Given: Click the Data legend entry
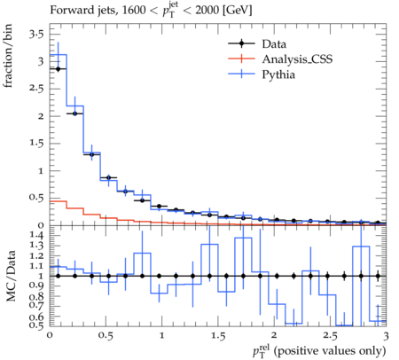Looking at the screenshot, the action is pos(257,43).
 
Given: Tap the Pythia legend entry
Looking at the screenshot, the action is pos(262,74).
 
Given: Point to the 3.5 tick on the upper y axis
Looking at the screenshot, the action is pos(36,35).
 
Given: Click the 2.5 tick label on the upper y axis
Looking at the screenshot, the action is pos(36,89).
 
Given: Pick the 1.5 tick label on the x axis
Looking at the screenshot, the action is pos(218,336).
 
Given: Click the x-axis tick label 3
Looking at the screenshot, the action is pos(386,336).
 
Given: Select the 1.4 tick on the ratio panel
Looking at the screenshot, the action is pos(36,235).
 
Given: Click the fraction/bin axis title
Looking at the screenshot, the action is pos(8,56).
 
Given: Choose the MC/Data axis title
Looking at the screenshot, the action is pos(11,276).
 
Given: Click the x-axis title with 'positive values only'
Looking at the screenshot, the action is pos(319,351).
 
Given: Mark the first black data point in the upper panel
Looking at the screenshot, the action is pos(58,69).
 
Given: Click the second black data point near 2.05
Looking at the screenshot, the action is pos(74,113).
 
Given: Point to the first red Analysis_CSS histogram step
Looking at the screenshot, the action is pos(58,201).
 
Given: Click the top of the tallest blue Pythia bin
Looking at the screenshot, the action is pos(58,55).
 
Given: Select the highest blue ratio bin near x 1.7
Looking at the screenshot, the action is pos(243,238).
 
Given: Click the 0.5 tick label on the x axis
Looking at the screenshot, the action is pos(106,336).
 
